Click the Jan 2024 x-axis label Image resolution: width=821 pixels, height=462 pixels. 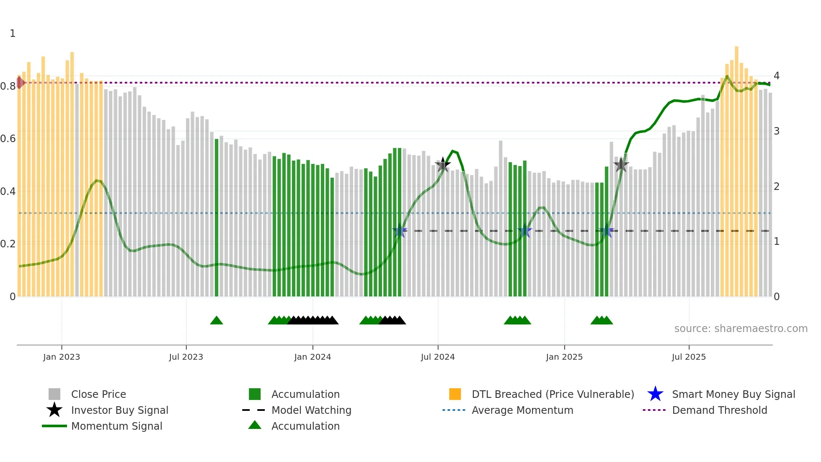[x=312, y=357]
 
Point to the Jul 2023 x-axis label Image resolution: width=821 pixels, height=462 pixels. [x=186, y=357]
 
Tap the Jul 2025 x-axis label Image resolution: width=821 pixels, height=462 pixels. [x=689, y=357]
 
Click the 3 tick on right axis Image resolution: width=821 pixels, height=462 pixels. [x=777, y=131]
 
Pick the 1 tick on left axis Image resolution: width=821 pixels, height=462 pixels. [x=13, y=34]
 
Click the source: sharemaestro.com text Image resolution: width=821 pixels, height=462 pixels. [x=741, y=329]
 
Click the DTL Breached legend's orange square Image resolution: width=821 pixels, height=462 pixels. [x=455, y=395]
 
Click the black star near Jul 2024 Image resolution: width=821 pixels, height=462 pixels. [x=443, y=165]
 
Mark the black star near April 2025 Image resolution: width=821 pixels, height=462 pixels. [x=621, y=165]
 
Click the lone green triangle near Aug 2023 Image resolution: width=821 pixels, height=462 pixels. [x=217, y=321]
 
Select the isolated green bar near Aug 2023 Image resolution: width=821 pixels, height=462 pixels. [x=217, y=218]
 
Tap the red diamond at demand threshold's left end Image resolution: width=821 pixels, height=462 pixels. [x=20, y=83]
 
